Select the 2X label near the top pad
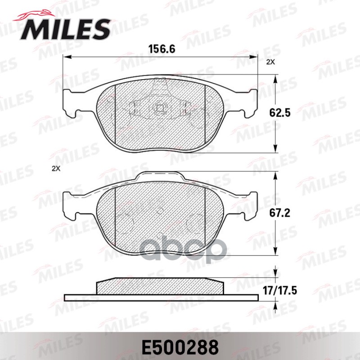[x=270, y=63]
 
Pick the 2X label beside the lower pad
[x=56, y=169]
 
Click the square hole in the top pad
[x=160, y=108]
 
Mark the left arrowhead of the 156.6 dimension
[x=66, y=57]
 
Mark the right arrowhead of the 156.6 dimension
[x=255, y=57]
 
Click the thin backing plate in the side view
[x=160, y=297]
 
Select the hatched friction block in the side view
[x=160, y=286]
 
